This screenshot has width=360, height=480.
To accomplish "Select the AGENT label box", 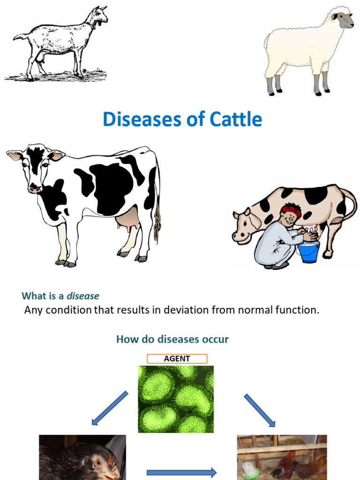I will [x=177, y=359].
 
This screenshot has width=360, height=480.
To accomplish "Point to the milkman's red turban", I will [x=291, y=210].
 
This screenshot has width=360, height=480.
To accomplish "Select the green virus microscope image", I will [x=176, y=399].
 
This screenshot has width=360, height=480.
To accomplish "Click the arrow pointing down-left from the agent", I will [x=109, y=408].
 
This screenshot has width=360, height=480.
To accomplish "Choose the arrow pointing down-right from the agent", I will [x=260, y=410].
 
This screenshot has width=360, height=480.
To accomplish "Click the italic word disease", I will [x=83, y=296].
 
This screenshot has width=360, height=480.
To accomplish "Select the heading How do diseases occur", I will [x=172, y=339].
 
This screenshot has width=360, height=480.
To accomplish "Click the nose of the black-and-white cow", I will [x=34, y=189].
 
